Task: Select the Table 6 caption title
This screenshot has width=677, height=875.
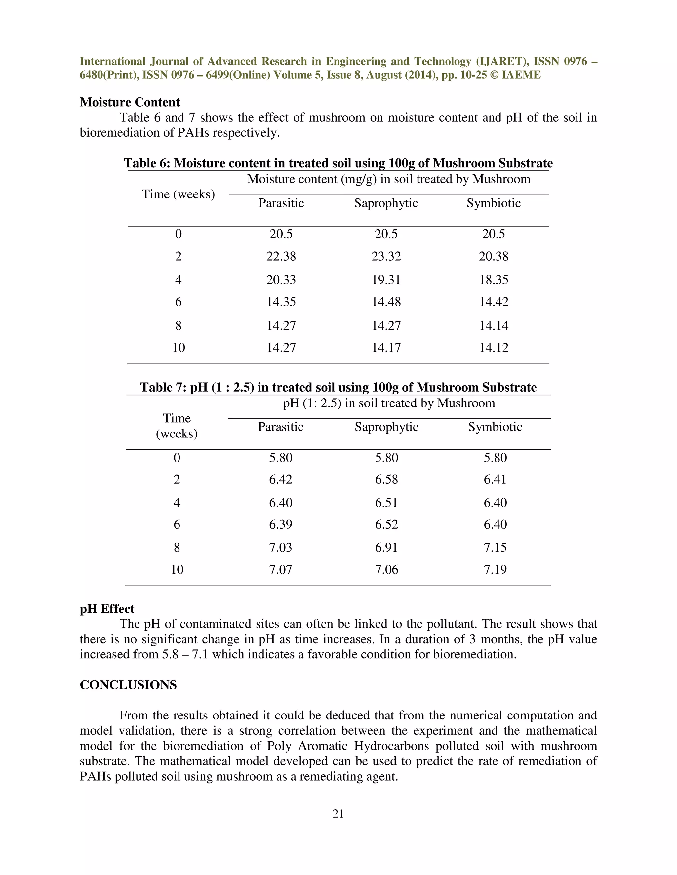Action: [338, 163]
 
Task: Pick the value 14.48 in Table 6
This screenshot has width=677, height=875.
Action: [386, 302]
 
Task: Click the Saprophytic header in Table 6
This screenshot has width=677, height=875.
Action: [386, 203]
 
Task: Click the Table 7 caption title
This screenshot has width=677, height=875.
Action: [338, 387]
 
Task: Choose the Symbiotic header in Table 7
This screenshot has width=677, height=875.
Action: [495, 427]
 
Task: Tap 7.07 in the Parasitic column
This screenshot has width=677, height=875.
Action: [280, 569]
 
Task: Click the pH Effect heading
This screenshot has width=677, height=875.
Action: [107, 609]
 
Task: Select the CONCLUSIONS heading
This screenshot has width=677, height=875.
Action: [128, 685]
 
